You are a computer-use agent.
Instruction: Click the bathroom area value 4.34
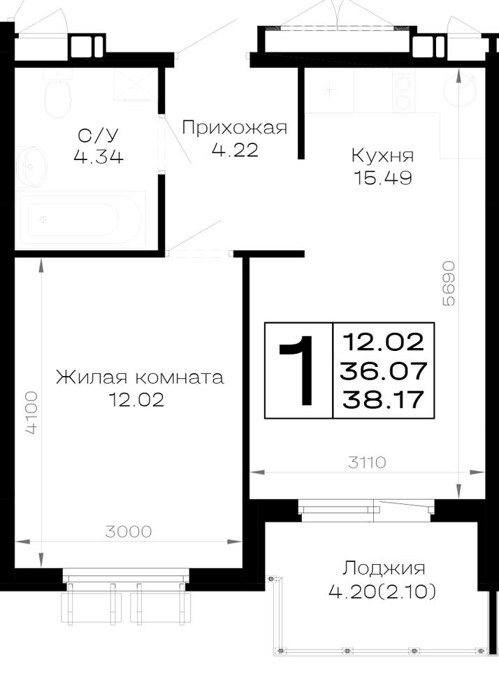point(99,157)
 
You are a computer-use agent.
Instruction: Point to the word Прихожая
point(234,128)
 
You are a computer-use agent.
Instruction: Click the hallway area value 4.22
point(235,150)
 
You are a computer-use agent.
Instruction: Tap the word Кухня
point(383,156)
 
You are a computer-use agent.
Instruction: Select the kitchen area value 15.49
point(383,178)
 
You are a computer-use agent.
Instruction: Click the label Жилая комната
point(140,377)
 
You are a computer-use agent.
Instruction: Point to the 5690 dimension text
point(448,283)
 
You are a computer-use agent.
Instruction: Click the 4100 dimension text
point(31,412)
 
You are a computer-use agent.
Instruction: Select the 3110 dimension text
point(367,462)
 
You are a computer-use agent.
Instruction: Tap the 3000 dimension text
point(129,531)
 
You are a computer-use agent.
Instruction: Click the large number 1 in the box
point(297,370)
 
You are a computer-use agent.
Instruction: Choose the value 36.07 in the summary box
point(384,371)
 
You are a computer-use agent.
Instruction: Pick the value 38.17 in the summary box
point(383,399)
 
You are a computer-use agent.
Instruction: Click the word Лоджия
point(384,568)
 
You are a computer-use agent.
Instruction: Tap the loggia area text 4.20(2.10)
point(382,591)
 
